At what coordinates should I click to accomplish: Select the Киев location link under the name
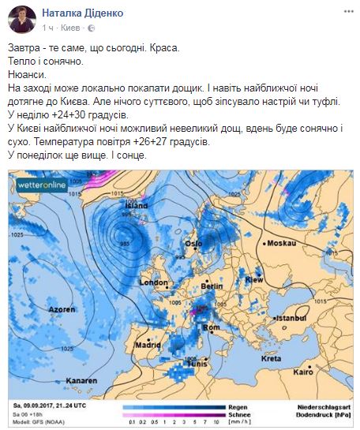tap(81, 25)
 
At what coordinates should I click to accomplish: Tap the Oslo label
tap(195, 243)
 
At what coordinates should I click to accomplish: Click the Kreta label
tap(271, 359)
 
